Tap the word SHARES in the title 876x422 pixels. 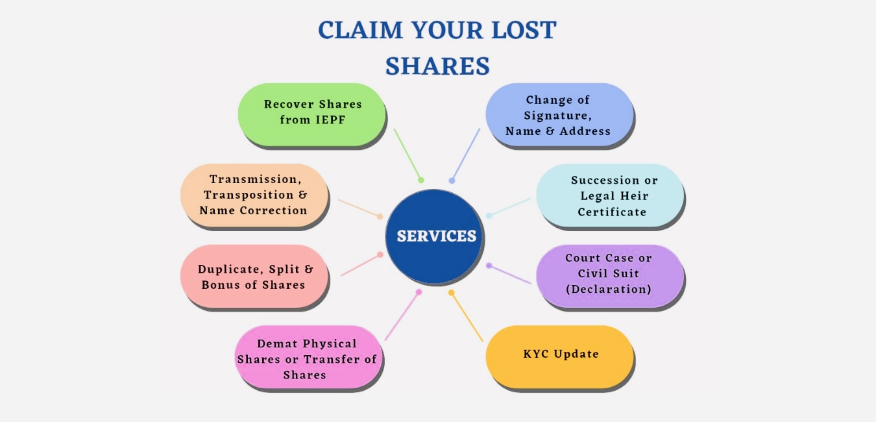(437, 66)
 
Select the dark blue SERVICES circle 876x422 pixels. (435, 236)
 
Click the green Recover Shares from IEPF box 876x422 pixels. (312, 113)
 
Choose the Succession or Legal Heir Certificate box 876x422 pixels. (610, 195)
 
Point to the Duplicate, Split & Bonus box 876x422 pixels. (254, 277)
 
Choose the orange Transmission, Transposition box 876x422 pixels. (254, 195)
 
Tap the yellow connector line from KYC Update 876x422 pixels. (468, 317)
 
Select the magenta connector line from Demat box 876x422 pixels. (402, 316)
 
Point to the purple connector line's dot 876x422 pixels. (489, 265)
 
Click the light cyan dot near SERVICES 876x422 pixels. (489, 216)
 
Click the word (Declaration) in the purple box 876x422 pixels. (608, 290)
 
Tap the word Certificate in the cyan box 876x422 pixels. (612, 212)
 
